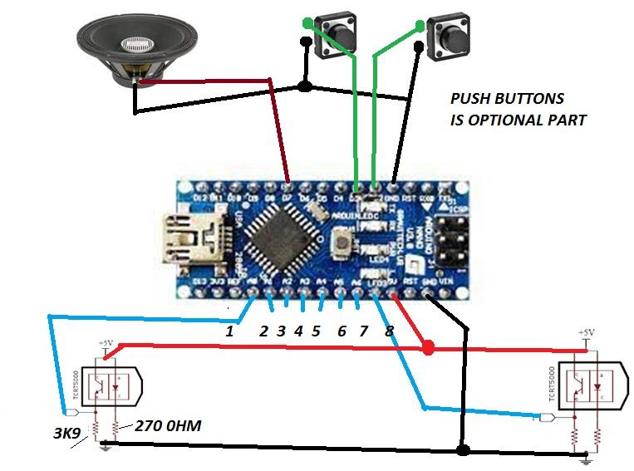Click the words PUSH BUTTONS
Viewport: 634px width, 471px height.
click(507, 99)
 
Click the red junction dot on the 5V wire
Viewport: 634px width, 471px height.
click(429, 346)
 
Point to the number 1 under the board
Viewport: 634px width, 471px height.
click(231, 331)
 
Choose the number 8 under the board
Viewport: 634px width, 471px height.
click(390, 331)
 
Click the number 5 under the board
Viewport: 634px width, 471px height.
click(317, 331)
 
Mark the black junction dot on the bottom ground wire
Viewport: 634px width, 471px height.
click(463, 449)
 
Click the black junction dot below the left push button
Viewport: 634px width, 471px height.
click(305, 86)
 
